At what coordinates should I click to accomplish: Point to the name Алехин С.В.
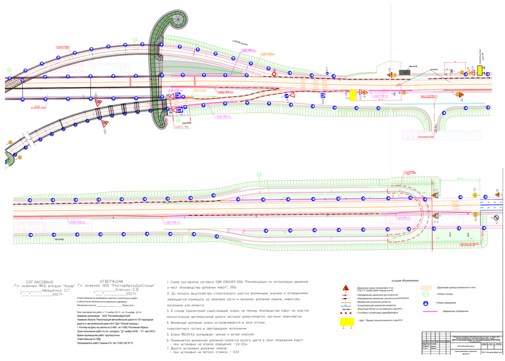pos(129,289)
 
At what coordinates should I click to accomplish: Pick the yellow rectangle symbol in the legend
pos(347,321)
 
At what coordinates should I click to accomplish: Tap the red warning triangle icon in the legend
pos(346,288)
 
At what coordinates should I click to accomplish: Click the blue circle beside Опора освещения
pos(425,304)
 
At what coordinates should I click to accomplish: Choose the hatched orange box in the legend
pos(425,287)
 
